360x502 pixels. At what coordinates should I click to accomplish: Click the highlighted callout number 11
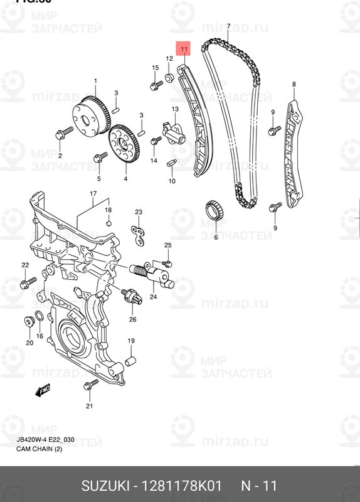click(x=183, y=48)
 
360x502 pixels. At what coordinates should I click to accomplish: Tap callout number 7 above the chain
click(x=228, y=26)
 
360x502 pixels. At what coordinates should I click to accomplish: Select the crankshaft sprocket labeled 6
click(x=214, y=210)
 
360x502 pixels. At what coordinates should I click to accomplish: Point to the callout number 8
click(x=294, y=84)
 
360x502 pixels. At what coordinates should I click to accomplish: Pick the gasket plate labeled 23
click(x=139, y=234)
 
